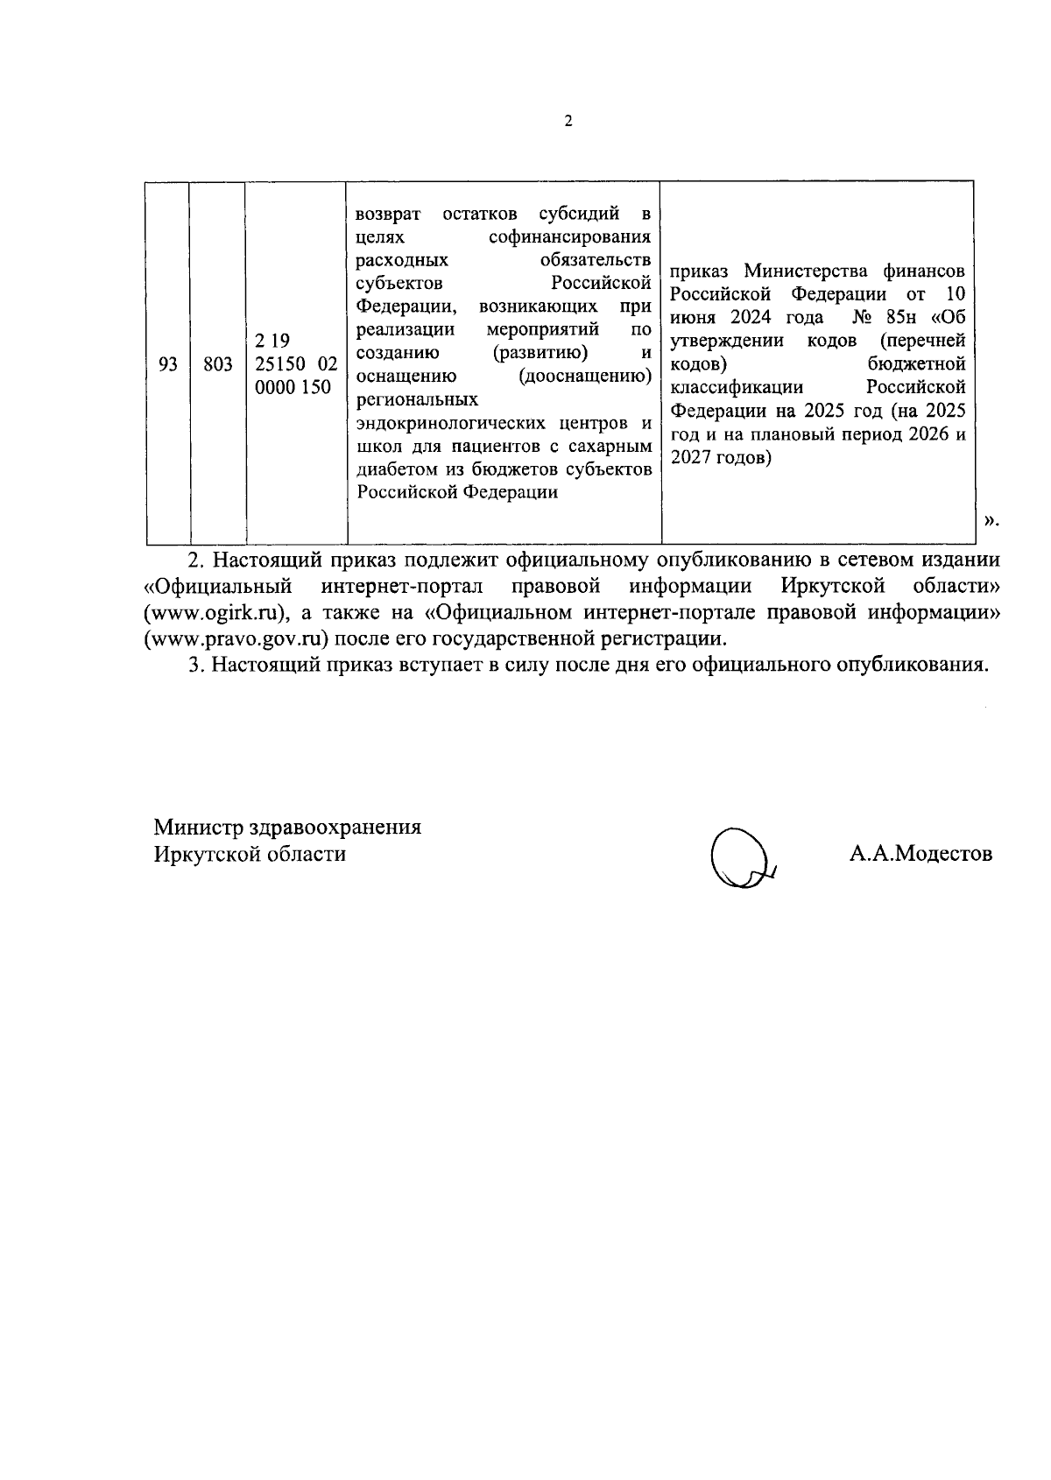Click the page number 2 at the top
pyautogui.click(x=568, y=122)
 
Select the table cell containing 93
pyautogui.click(x=168, y=363)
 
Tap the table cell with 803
pyautogui.click(x=218, y=363)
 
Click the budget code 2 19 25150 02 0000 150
pyautogui.click(x=296, y=363)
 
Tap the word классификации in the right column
pyautogui.click(x=737, y=386)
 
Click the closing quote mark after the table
pyautogui.click(x=991, y=522)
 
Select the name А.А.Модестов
pyautogui.click(x=920, y=854)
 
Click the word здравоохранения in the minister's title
pyautogui.click(x=335, y=828)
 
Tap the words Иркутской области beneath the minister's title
pyautogui.click(x=250, y=854)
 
